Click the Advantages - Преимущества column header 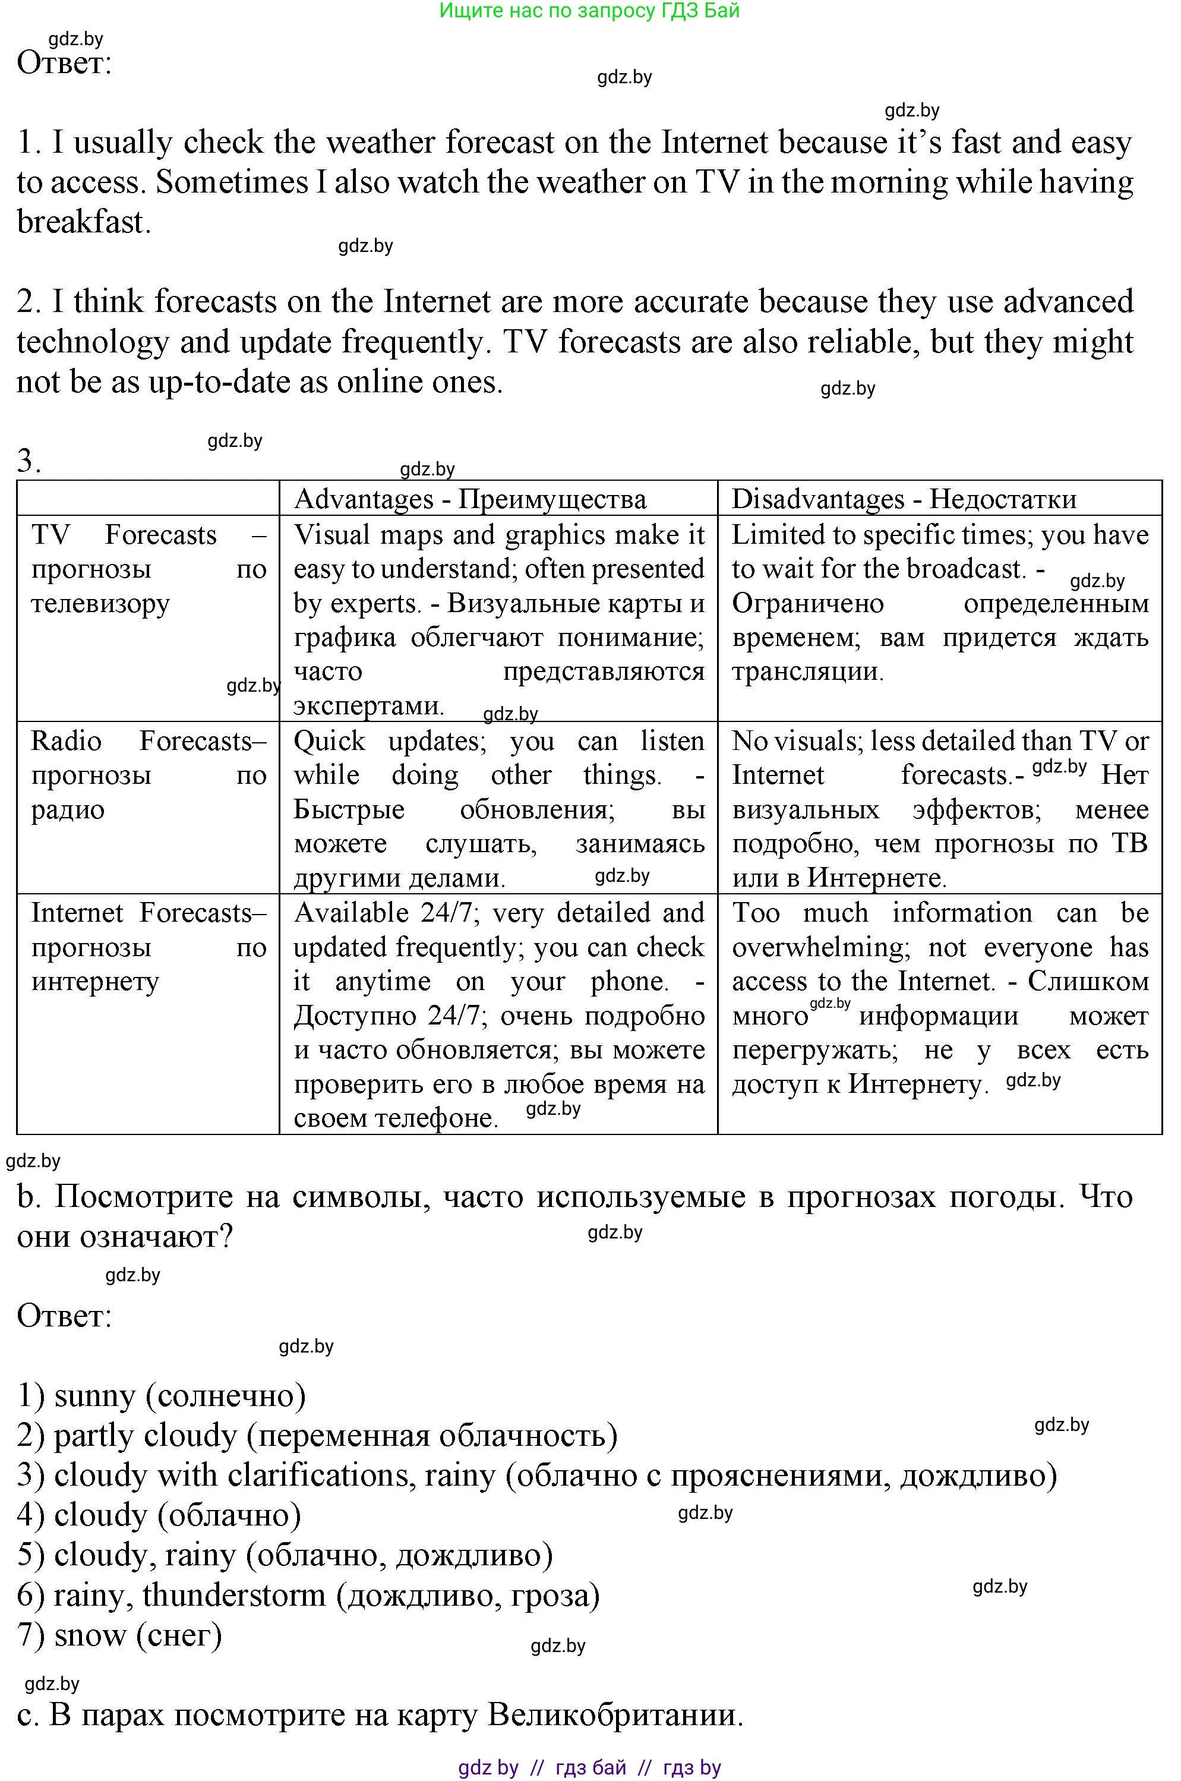tap(470, 499)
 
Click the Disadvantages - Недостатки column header tap(904, 499)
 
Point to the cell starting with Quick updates tap(498, 808)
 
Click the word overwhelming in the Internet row tap(820, 947)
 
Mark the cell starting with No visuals tap(940, 808)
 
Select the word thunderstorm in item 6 tap(233, 1594)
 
